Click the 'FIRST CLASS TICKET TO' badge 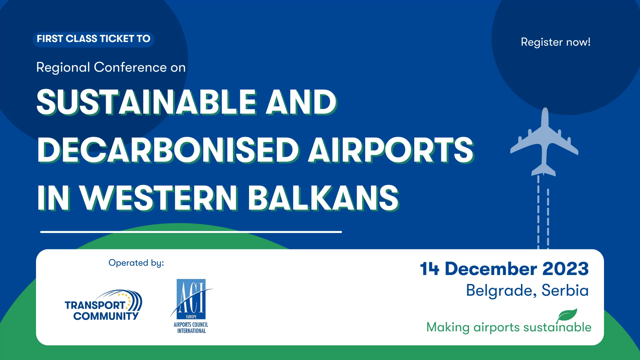tap(93, 39)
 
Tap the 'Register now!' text tap(556, 42)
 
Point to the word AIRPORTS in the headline tap(391, 150)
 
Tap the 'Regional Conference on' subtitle tap(111, 67)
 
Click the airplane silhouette tap(544, 142)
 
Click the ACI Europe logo tap(191, 306)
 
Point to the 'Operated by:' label tap(136, 263)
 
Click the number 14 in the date tap(429, 269)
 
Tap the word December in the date tap(491, 269)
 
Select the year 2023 tap(566, 269)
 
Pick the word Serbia tap(565, 290)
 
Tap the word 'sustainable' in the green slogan tap(557, 327)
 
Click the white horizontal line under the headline tap(191, 232)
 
